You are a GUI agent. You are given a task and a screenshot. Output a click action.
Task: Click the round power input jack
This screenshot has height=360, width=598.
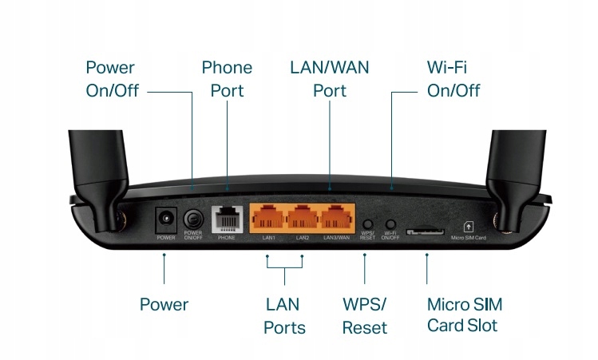(x=166, y=217)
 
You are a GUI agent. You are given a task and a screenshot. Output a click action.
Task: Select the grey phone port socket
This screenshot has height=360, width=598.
(x=226, y=219)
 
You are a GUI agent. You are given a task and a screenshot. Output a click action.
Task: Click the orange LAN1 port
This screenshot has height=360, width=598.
(x=268, y=218)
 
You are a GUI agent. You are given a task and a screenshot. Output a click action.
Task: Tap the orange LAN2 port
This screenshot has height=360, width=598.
(x=302, y=218)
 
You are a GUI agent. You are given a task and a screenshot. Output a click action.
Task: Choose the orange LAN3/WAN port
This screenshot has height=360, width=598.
(x=335, y=218)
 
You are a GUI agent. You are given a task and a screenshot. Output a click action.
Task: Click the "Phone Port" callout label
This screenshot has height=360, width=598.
(x=227, y=79)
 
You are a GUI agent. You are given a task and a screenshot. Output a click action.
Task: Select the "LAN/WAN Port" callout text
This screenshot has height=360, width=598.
(x=330, y=79)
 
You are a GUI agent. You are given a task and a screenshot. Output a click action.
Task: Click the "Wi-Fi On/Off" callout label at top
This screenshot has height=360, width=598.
(x=453, y=79)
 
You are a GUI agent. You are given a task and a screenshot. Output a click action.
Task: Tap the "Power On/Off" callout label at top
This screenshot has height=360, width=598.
(x=112, y=79)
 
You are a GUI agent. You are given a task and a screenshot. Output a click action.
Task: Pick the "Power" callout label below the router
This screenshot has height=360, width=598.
(x=164, y=304)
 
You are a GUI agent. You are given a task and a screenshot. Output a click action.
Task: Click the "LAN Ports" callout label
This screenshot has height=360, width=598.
(x=286, y=315)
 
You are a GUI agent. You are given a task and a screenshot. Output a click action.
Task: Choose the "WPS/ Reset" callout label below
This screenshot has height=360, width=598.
(x=364, y=315)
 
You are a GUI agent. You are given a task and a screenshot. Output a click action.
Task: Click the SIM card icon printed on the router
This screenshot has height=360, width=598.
(x=468, y=227)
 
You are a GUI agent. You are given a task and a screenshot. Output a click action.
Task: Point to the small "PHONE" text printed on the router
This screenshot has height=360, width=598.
(x=226, y=238)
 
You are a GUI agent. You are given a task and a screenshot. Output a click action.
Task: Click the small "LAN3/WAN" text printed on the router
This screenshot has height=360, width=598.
(x=335, y=238)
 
